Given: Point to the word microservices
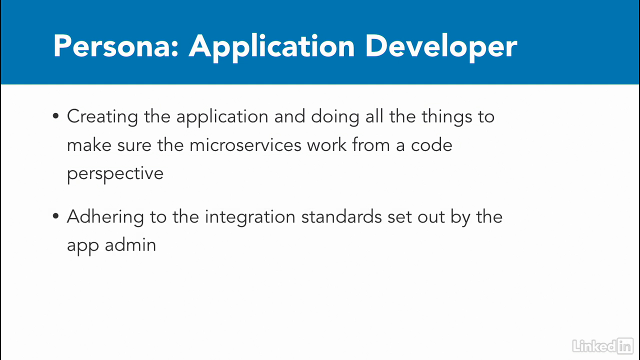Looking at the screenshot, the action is click(x=245, y=145).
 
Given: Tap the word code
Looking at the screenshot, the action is click(x=431, y=145).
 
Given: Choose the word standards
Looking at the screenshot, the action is click(x=341, y=216).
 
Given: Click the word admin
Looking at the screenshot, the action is click(x=130, y=245).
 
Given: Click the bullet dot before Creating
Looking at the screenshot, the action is click(x=55, y=116).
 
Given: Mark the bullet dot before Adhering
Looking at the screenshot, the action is click(x=55, y=216).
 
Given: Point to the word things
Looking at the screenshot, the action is click(x=447, y=117).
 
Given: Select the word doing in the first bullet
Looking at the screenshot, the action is click(x=335, y=117).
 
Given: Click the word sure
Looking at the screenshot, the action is click(x=134, y=145).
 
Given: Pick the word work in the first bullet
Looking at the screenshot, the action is click(x=327, y=145).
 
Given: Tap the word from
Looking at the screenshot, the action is click(x=371, y=145).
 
